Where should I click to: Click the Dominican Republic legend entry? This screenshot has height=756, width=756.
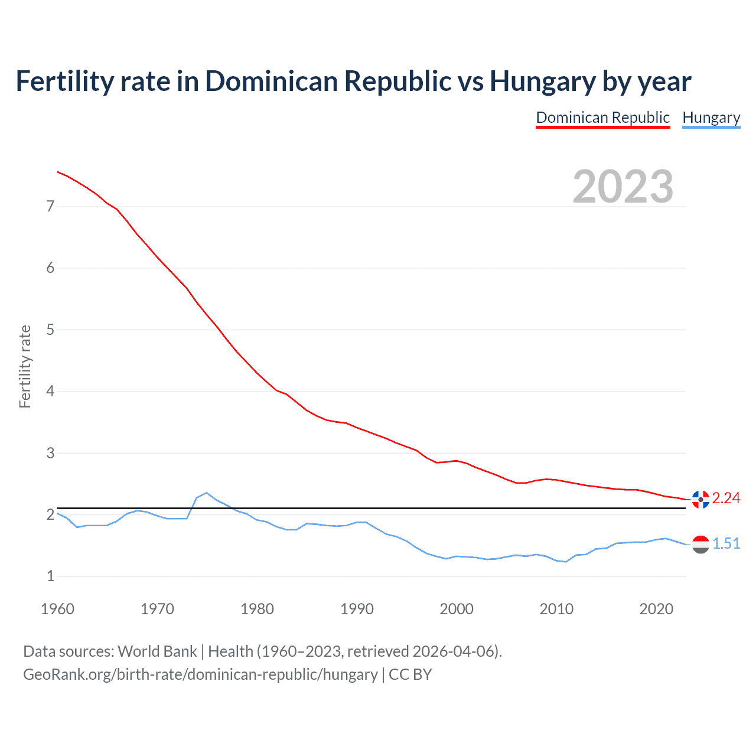click(x=602, y=118)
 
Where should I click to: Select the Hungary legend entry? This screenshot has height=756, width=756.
click(x=711, y=118)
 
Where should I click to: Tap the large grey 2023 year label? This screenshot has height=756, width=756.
click(x=623, y=187)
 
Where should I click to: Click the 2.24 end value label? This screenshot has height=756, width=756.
click(x=726, y=498)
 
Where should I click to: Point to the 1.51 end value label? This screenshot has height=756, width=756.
click(x=726, y=544)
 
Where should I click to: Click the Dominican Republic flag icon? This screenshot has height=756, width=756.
click(x=700, y=499)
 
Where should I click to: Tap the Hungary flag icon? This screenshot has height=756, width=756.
click(x=700, y=544)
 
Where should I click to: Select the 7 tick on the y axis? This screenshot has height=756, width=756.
click(x=50, y=207)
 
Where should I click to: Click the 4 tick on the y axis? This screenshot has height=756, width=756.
click(x=50, y=392)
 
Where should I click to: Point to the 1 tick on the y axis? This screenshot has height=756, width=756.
click(x=50, y=576)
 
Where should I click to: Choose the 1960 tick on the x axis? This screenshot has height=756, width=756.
click(x=57, y=609)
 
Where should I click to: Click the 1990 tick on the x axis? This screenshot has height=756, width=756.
click(x=357, y=609)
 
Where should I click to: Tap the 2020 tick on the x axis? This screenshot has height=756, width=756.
click(x=656, y=609)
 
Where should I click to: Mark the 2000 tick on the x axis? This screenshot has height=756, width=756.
click(x=457, y=609)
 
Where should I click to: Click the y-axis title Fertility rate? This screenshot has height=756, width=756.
click(x=25, y=366)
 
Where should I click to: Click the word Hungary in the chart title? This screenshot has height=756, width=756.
click(x=542, y=82)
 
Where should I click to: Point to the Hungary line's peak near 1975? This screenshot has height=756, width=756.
click(x=206, y=493)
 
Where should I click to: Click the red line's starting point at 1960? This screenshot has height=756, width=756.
click(x=57, y=172)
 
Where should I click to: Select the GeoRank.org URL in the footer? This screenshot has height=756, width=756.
click(x=200, y=674)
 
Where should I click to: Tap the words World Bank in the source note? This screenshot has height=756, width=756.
click(x=157, y=651)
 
